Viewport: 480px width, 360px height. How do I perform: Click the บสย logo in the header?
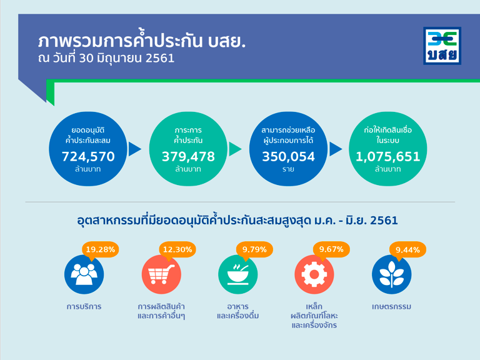coord(442,46)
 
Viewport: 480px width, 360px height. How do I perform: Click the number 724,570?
coord(88,156)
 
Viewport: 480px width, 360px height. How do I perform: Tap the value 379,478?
coord(188,156)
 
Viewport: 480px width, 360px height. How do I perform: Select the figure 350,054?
coord(288,156)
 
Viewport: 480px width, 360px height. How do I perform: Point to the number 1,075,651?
coord(388,156)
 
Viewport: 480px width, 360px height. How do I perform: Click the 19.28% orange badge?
coord(101,250)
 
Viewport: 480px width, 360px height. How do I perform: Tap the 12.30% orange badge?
coord(177,250)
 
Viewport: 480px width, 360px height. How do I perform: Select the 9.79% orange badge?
coord(254,250)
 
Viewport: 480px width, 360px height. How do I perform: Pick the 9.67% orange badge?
coord(331,250)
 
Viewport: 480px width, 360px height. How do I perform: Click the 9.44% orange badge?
coord(407,250)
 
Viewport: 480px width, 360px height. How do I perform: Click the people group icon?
coord(84,274)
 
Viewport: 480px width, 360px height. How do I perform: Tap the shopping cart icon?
coord(161,274)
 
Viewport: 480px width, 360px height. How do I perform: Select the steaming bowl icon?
coord(238,274)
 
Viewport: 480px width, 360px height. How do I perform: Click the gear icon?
coord(314,274)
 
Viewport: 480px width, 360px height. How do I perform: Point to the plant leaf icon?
coord(391,274)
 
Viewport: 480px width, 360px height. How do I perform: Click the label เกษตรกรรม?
coord(391,306)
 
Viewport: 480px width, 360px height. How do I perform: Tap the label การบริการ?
coord(84,306)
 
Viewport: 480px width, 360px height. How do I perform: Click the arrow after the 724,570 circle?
coord(134,149)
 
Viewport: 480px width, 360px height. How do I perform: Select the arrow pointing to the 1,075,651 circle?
coord(335,149)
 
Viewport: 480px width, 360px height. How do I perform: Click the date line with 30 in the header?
coord(106,58)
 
